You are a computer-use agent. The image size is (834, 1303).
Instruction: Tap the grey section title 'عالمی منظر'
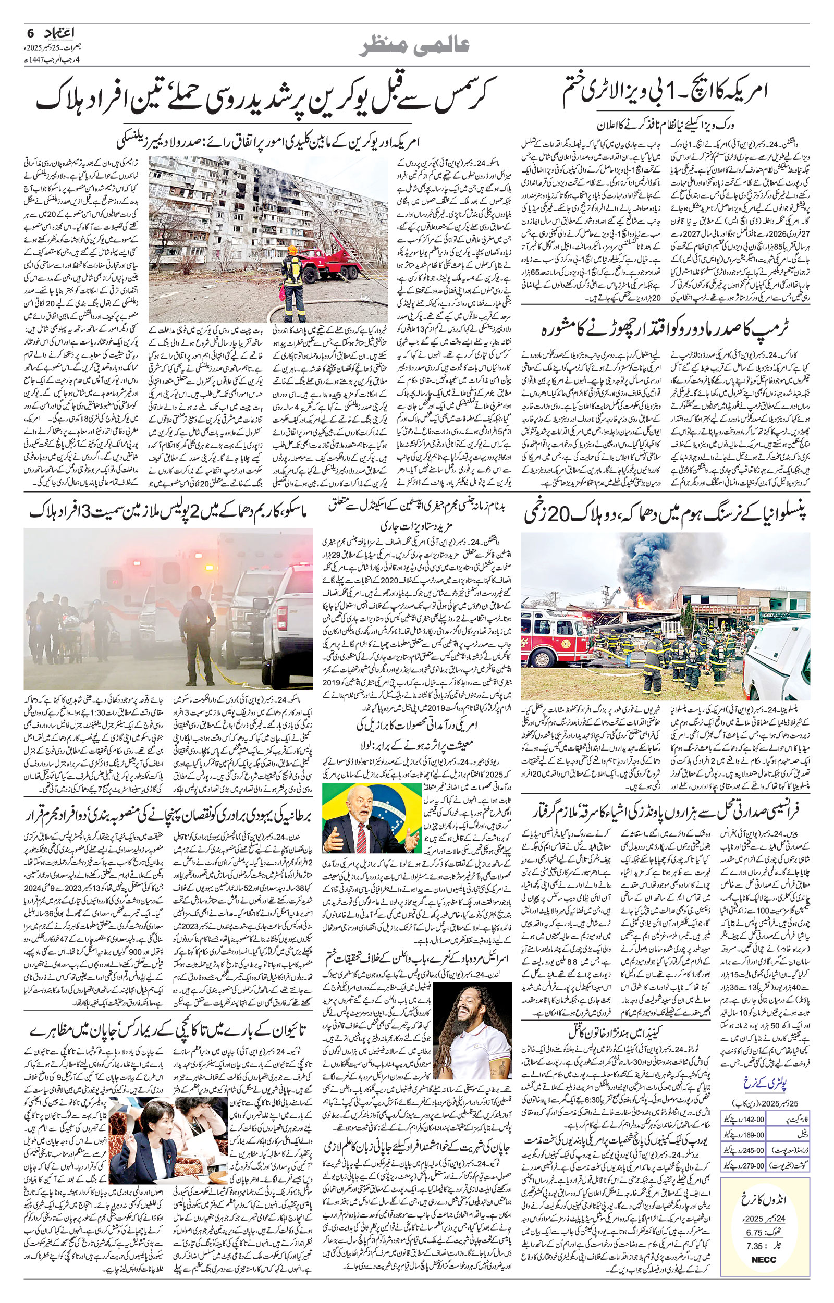416,48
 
